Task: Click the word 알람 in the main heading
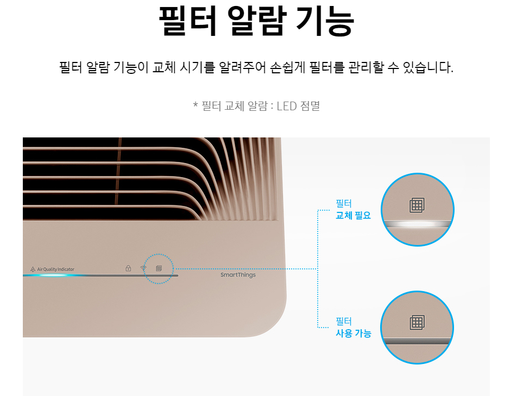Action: (257, 21)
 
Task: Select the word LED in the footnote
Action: (286, 105)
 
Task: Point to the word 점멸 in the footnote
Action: (310, 105)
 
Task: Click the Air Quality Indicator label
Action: (56, 269)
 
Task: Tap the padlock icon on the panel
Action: (128, 268)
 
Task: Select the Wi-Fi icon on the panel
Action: (143, 268)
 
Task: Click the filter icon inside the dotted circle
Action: (159, 268)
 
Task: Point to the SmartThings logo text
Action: (238, 275)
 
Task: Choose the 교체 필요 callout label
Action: (353, 215)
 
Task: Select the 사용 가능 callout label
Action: (353, 334)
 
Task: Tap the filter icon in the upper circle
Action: (417, 205)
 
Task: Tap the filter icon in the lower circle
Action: (417, 322)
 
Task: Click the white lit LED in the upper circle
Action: (417, 224)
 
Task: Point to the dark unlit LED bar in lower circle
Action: (417, 341)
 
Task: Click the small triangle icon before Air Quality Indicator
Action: (33, 269)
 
